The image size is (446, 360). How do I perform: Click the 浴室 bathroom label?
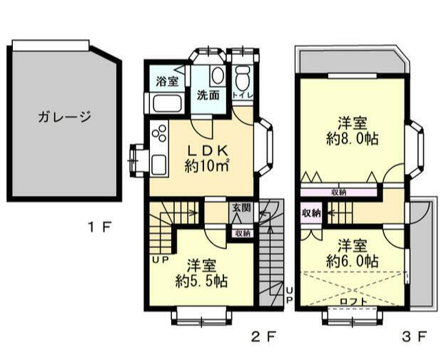pyautogui.click(x=167, y=81)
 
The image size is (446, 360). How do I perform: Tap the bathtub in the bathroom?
pyautogui.click(x=167, y=105)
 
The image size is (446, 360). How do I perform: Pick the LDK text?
pyautogui.click(x=207, y=151)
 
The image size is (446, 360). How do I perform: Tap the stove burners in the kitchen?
pyautogui.click(x=159, y=133)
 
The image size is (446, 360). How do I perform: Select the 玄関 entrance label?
pyautogui.click(x=240, y=208)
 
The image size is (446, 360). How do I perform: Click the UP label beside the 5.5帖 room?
pyautogui.click(x=160, y=258)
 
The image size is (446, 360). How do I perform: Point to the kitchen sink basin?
pyautogui.click(x=158, y=162)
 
